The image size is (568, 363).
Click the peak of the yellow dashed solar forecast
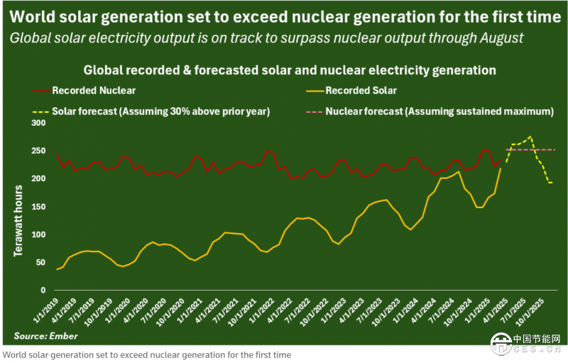pos(530,137)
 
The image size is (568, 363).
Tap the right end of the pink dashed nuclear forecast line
pos(555,150)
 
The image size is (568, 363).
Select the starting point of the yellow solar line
pos(37,269)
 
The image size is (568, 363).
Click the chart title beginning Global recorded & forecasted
pos(289,70)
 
